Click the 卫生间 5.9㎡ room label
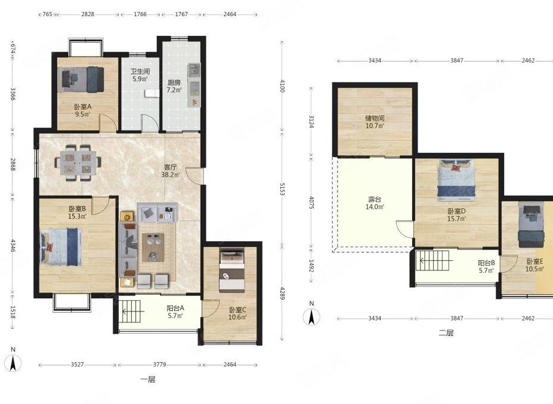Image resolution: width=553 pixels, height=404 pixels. click(140, 75)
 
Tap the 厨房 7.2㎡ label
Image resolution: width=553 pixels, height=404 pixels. click(174, 86)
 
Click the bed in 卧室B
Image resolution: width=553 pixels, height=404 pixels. click(61, 246)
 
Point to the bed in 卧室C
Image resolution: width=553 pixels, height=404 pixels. click(231, 271)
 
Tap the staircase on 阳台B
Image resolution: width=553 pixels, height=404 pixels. click(432, 261)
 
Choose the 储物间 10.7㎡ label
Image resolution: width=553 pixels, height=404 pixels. click(375, 122)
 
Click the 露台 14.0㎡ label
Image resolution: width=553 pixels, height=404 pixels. click(375, 203)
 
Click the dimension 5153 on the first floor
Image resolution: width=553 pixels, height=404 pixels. click(282, 189)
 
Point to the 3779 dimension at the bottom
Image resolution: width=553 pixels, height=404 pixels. click(159, 365)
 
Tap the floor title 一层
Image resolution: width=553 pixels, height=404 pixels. click(148, 380)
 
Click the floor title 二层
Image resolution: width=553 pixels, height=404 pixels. click(446, 333)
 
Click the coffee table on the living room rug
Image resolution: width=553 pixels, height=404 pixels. click(153, 247)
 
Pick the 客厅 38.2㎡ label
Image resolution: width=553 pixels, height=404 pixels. click(171, 171)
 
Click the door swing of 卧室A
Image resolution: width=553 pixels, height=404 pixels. click(107, 123)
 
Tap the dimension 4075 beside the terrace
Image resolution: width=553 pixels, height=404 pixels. click(311, 202)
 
